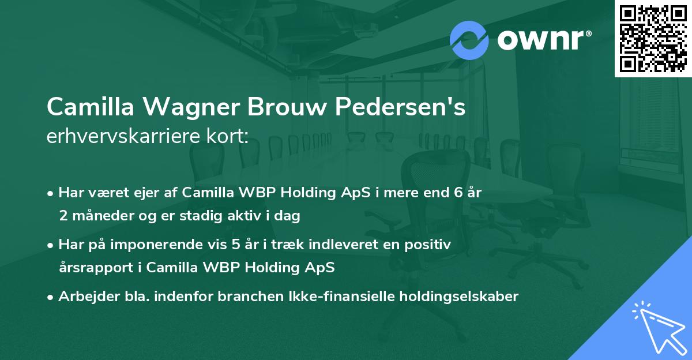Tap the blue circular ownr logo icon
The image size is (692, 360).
click(x=469, y=40)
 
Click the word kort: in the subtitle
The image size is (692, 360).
click(x=228, y=136)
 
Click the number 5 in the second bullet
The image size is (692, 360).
click(x=236, y=245)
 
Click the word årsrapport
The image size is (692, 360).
click(x=97, y=267)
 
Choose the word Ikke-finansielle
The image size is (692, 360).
click(x=342, y=297)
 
